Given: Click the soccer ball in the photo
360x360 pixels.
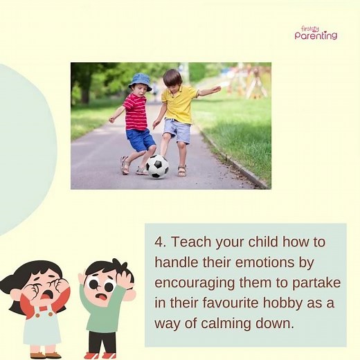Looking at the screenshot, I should coord(157,166).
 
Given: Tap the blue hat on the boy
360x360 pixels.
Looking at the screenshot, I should coord(141,81).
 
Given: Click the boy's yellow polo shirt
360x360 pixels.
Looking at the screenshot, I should coord(179,104).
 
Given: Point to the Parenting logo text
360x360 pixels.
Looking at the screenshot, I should coord(316,35).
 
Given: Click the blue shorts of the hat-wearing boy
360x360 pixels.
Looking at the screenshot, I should coord(141,140).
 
